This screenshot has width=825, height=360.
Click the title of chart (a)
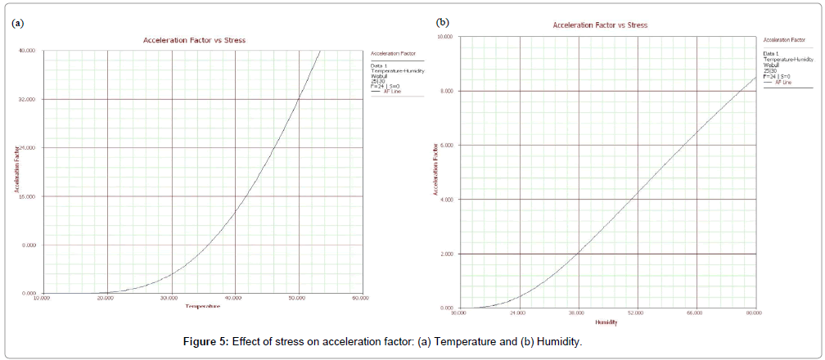pos(194,39)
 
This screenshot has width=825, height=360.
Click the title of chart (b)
pos(600,25)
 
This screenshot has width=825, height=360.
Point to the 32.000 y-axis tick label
pos(28,100)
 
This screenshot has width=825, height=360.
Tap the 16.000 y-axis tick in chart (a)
pos(28,196)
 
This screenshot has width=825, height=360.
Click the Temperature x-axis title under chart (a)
pos(202,306)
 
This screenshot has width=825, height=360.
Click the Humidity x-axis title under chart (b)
pos(606,322)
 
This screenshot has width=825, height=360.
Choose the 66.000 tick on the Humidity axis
pos(695,313)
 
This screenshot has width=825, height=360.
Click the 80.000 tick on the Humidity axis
pos(753,313)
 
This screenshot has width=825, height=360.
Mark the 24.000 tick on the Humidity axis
pos(518,313)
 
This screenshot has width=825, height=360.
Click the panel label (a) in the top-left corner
pos(17,23)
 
